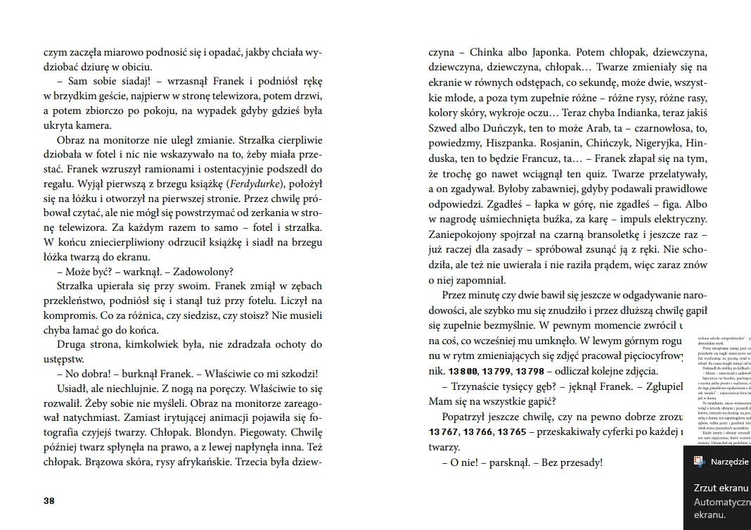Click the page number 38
(x=49, y=501)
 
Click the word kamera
(x=91, y=125)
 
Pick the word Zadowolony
(x=200, y=272)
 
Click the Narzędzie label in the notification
(x=730, y=461)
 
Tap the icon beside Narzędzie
(x=699, y=461)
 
